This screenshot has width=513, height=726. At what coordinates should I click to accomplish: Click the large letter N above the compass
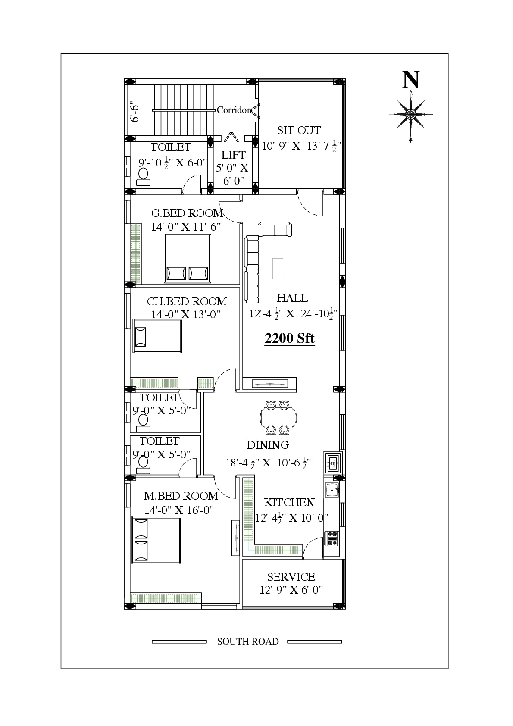click(x=410, y=80)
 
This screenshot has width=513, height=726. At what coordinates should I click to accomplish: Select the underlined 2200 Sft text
click(x=289, y=338)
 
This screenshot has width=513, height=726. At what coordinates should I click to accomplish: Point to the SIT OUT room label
click(x=299, y=130)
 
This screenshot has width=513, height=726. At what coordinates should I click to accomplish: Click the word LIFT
click(x=233, y=155)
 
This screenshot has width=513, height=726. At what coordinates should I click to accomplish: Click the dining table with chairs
click(x=278, y=418)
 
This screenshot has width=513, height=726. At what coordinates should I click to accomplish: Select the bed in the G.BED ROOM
click(x=188, y=258)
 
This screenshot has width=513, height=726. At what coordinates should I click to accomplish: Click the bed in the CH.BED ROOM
click(x=157, y=336)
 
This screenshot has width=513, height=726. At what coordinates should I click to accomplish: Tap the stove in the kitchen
click(x=332, y=538)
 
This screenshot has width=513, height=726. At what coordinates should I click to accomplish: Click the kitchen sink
click(x=332, y=490)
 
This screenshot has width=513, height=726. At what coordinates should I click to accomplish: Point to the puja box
click(x=333, y=463)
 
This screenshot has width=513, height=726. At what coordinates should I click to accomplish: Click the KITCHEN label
click(x=289, y=502)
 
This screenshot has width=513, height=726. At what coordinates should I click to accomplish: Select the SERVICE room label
click(x=291, y=577)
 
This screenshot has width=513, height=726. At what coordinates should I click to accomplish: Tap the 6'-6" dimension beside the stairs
click(x=135, y=112)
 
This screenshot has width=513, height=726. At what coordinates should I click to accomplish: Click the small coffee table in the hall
click(x=278, y=269)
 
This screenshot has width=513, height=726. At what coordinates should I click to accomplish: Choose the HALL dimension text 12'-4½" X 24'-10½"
click(x=293, y=314)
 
